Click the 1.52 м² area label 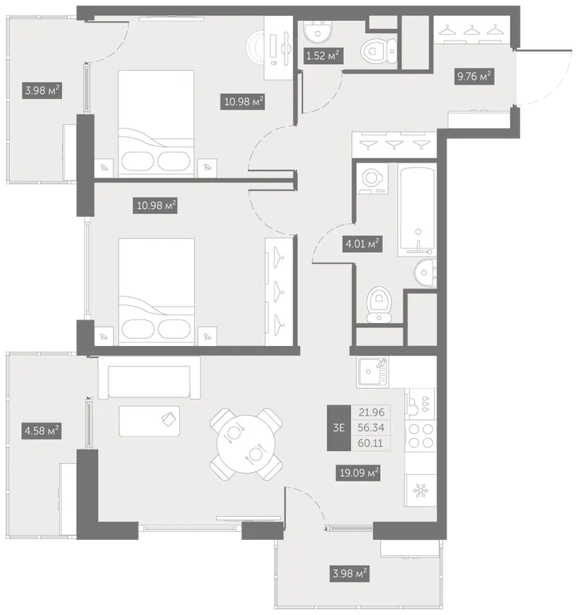[x=323, y=56]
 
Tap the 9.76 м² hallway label [x=474, y=76]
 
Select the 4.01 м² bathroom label [x=362, y=244]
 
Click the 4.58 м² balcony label [x=42, y=431]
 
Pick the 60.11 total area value [x=371, y=443]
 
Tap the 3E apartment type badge [x=339, y=428]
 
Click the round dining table [x=246, y=444]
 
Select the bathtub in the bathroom [x=417, y=210]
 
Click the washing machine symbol [x=372, y=179]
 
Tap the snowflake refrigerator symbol [x=420, y=490]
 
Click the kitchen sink [x=373, y=372]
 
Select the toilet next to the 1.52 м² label [x=379, y=51]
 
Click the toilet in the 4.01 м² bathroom [x=379, y=305]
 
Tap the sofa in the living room [x=149, y=378]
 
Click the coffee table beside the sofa [x=150, y=421]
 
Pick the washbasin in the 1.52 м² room [x=318, y=31]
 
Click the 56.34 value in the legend [x=371, y=428]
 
